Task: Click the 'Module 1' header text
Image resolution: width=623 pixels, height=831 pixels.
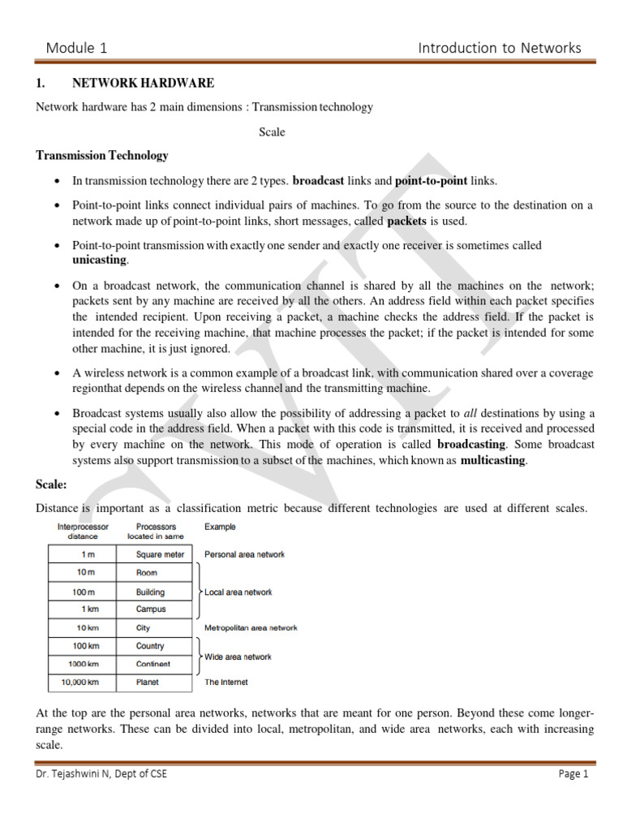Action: pos(76,48)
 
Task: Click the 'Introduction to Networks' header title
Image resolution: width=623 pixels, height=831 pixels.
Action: pos(499,48)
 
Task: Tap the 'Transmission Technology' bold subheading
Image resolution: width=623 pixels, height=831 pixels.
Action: pos(102,155)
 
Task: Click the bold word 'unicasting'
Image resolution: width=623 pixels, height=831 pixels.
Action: pos(100,259)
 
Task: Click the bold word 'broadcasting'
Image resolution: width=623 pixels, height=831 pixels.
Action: pos(471,445)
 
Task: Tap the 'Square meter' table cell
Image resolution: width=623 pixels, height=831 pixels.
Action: pos(160,555)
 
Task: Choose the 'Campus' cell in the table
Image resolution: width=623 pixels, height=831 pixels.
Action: pos(151,609)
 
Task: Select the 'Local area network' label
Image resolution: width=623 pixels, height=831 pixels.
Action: pos(238,592)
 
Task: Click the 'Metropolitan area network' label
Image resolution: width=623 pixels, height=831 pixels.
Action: pos(251,627)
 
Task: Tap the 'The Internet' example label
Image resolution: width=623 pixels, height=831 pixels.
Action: pos(226,682)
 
